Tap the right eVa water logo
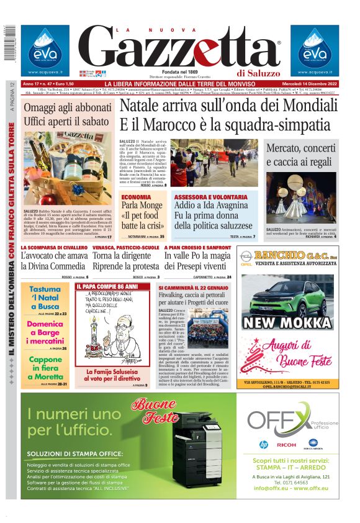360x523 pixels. tap(314, 49)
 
